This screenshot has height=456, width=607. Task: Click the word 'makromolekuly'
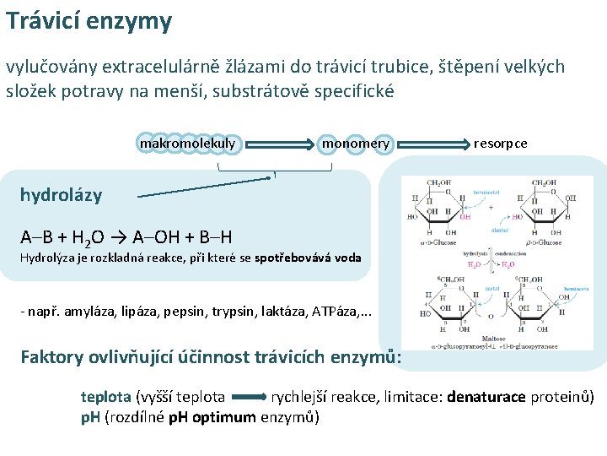click(187, 144)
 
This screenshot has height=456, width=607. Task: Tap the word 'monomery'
click(356, 144)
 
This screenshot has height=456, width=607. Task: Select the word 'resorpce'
click(500, 144)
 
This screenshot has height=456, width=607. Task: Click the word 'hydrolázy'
click(61, 195)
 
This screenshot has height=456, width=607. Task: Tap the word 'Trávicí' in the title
click(42, 20)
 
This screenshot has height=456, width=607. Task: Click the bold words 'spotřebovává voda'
click(308, 258)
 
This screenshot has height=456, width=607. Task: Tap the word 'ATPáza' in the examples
click(335, 312)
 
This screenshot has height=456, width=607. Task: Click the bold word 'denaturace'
click(486, 397)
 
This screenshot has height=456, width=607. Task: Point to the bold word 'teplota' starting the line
click(105, 397)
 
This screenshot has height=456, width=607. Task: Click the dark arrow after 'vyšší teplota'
click(247, 397)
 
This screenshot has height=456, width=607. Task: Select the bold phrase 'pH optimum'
click(215, 417)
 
